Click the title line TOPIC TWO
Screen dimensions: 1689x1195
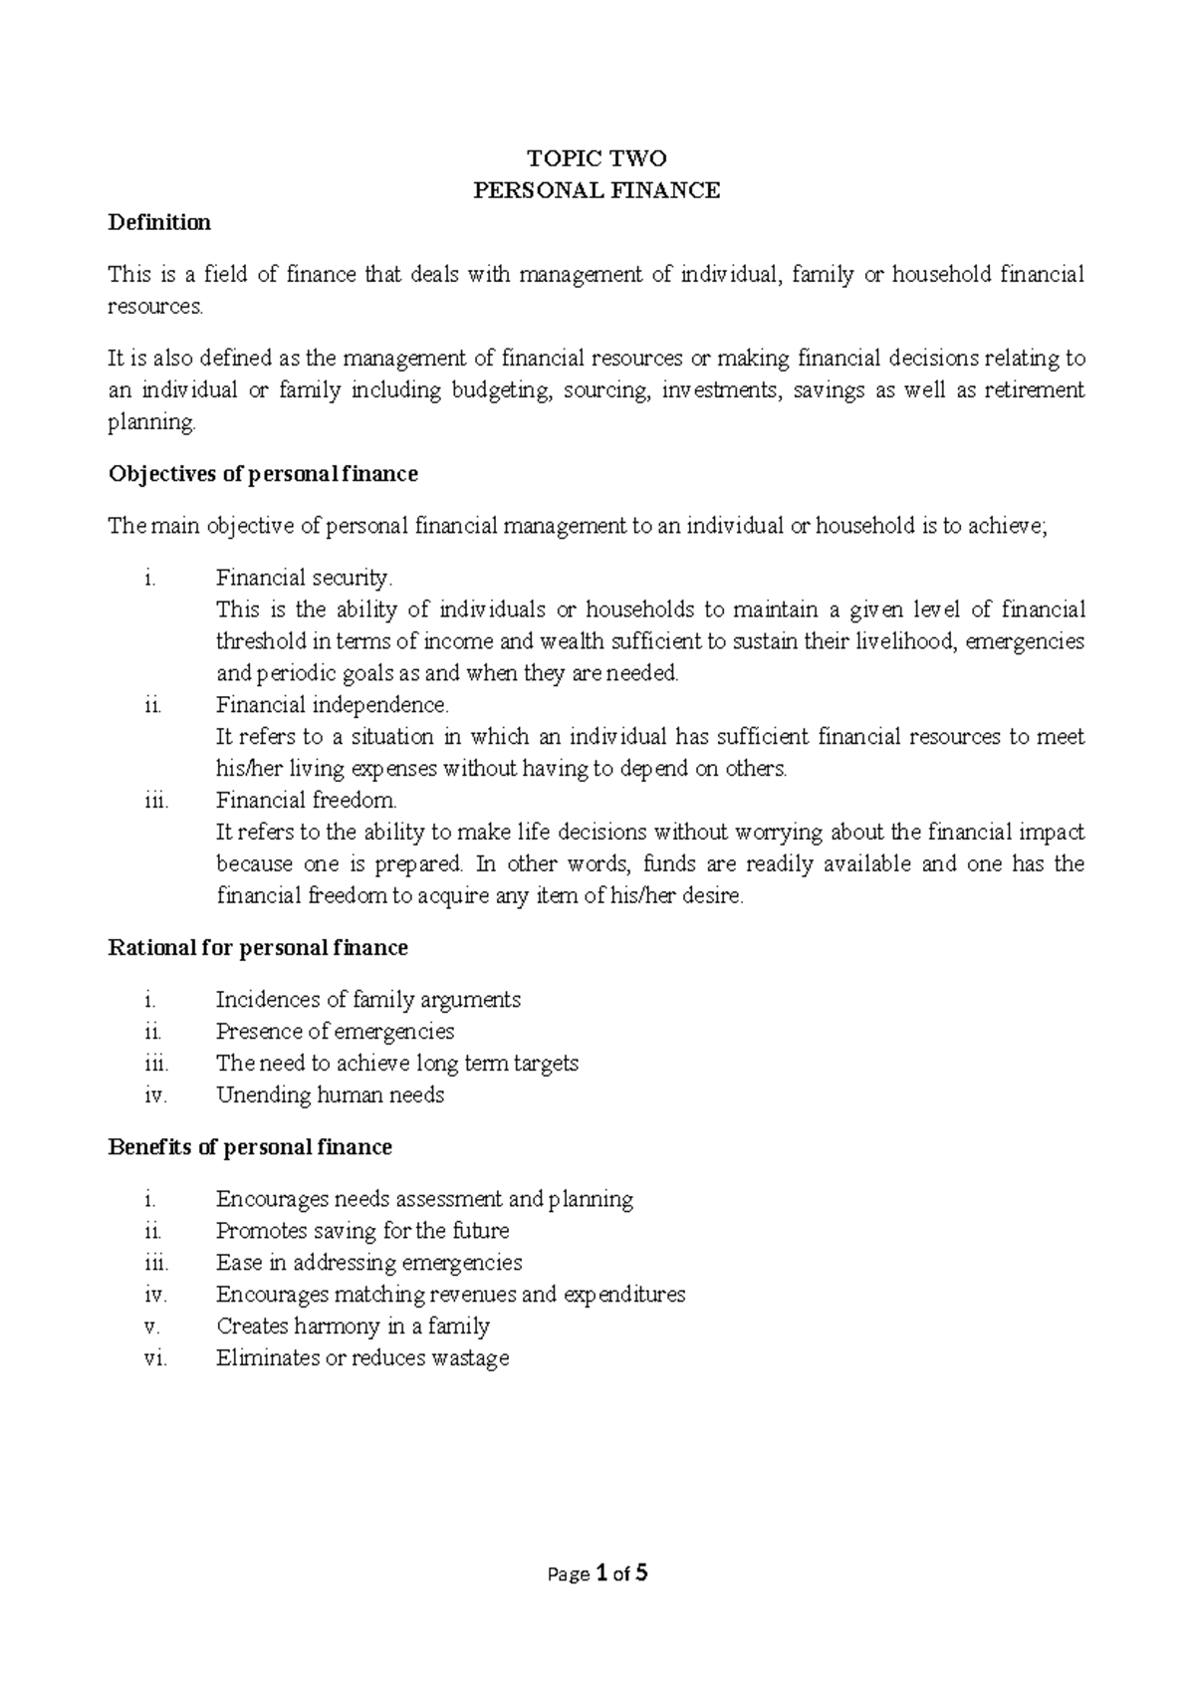(x=597, y=158)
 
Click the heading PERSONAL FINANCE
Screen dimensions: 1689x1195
(x=597, y=190)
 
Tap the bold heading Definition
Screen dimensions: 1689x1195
(x=159, y=222)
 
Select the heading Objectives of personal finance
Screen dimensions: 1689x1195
(x=262, y=474)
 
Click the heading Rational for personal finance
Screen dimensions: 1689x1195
(x=257, y=947)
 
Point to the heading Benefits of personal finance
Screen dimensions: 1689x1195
(x=249, y=1147)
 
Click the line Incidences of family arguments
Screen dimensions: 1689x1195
(x=368, y=999)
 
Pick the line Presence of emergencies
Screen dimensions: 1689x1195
(x=335, y=1031)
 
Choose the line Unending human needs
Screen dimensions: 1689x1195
(x=330, y=1095)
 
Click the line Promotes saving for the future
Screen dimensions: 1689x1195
(x=362, y=1230)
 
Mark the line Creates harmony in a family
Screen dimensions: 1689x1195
(x=353, y=1326)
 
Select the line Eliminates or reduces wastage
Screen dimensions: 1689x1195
(x=362, y=1357)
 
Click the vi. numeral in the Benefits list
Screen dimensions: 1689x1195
(x=155, y=1358)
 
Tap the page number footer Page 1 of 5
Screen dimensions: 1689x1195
(x=597, y=1574)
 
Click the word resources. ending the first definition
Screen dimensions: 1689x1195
(x=154, y=307)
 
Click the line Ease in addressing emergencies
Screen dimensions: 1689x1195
(x=368, y=1262)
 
